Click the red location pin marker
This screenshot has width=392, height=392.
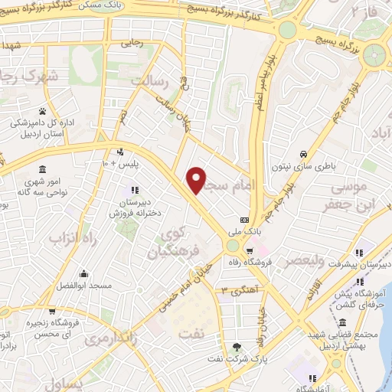click(198, 181)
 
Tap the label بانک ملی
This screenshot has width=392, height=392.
click(243, 230)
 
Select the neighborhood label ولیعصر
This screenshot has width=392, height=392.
click(306, 260)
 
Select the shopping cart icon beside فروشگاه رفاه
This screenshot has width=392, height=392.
click(250, 251)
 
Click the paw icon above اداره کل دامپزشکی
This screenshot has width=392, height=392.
click(42, 111)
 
